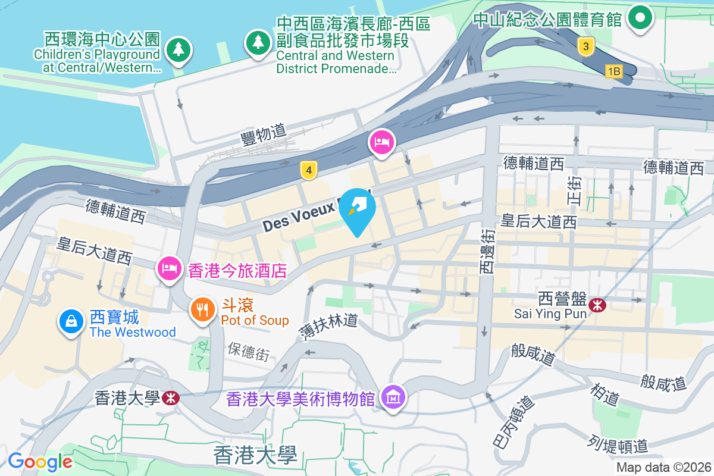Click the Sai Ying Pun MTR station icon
597,305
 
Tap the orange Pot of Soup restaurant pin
203,309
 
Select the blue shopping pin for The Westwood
71,321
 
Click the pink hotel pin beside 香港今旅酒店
170,268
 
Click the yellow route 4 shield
307,171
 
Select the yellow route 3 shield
586,46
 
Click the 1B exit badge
613,71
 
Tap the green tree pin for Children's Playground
178,49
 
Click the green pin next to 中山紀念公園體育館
640,18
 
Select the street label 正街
575,191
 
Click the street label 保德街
248,351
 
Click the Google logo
40,461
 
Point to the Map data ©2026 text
663,467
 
